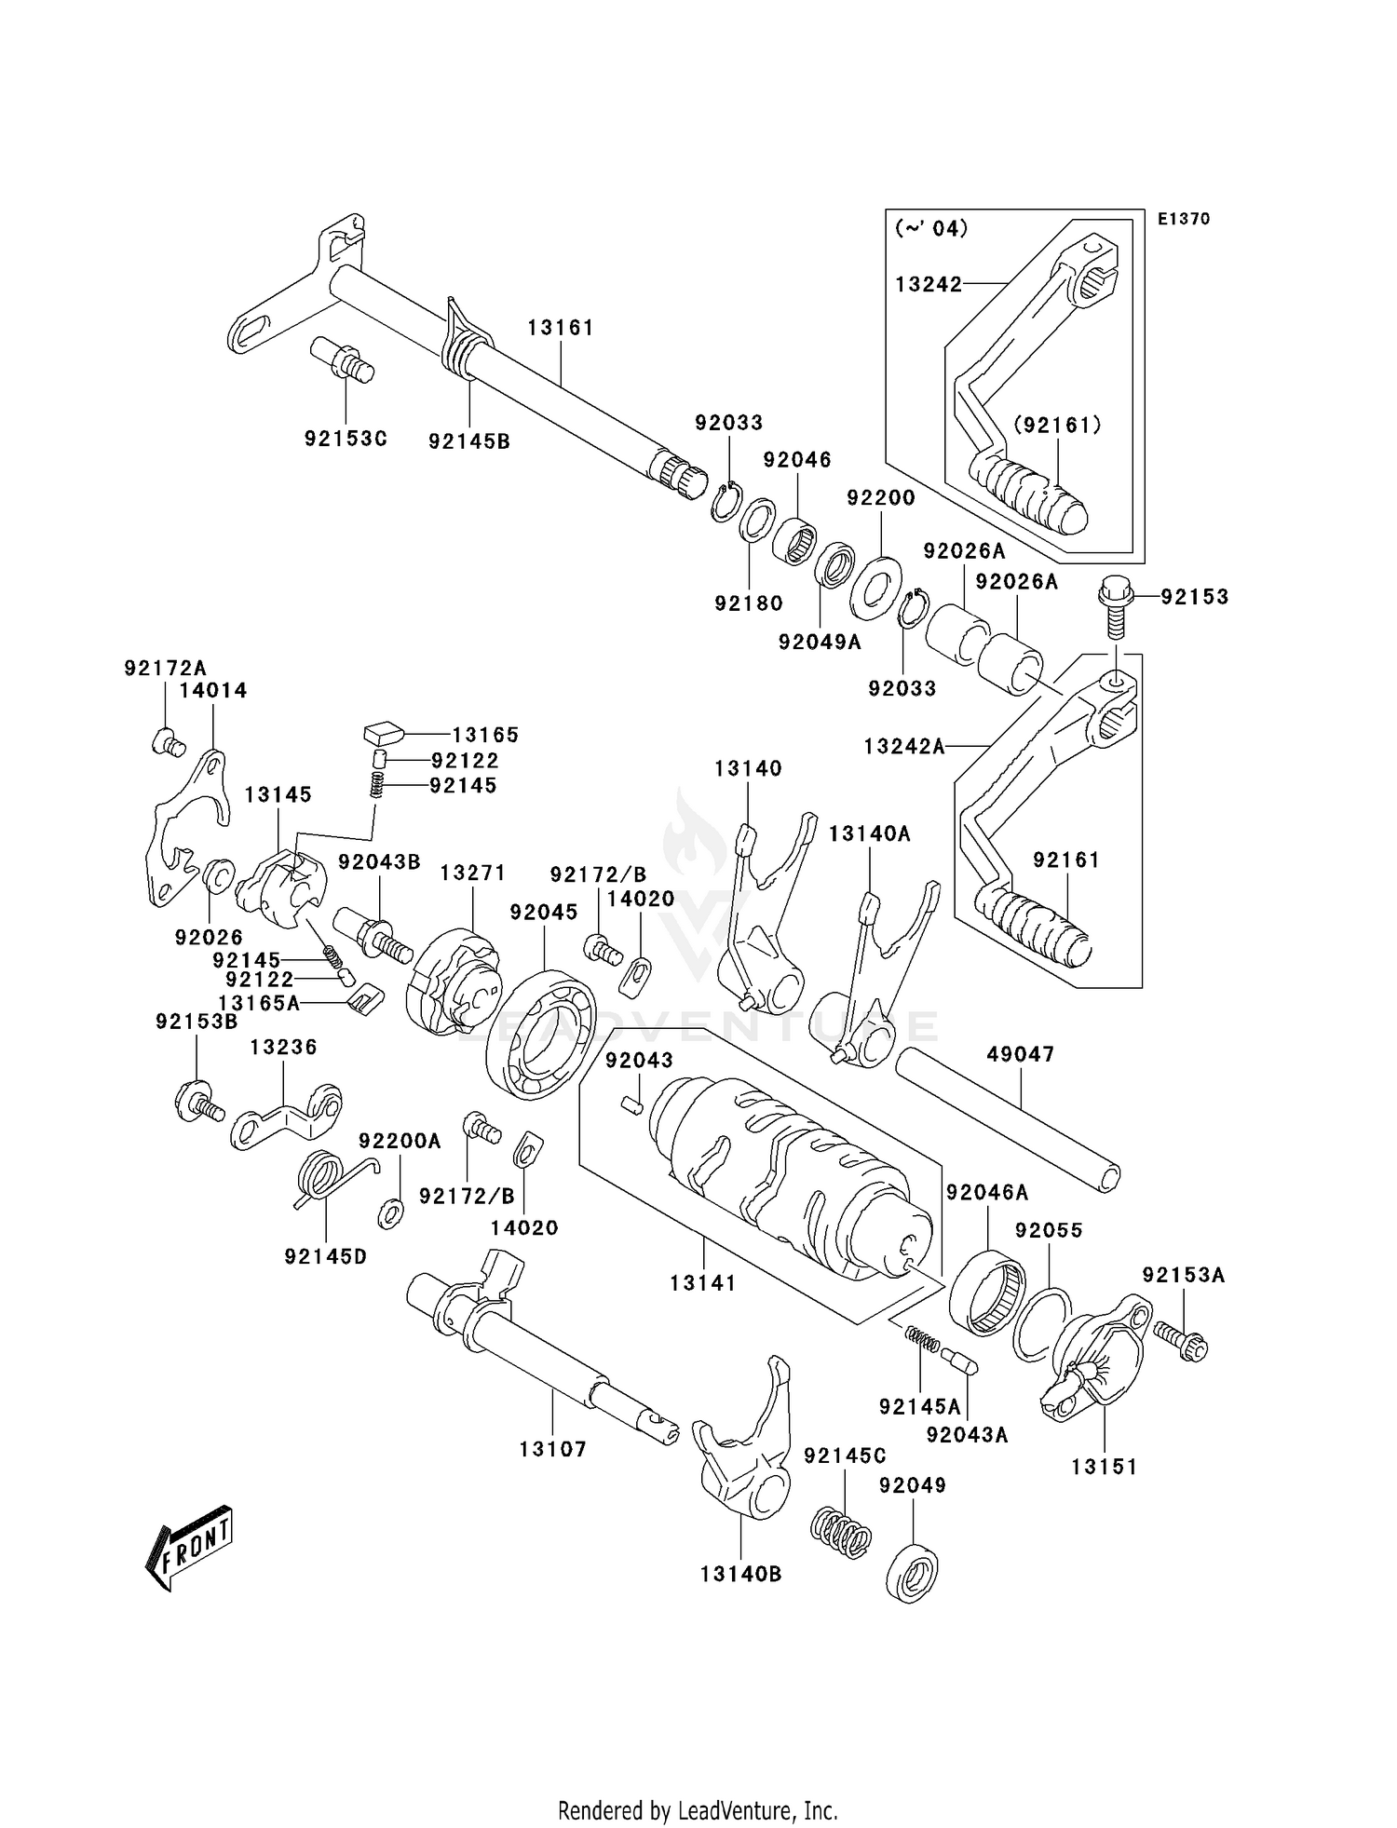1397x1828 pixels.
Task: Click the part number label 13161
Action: pyautogui.click(x=560, y=328)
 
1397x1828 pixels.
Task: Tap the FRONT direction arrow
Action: pyautogui.click(x=189, y=1549)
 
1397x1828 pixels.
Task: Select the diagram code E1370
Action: pyautogui.click(x=1184, y=219)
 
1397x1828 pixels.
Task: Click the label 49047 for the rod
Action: pyautogui.click(x=1021, y=1054)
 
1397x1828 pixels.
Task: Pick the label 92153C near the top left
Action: pyautogui.click(x=345, y=438)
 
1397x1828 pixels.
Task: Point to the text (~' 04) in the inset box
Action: pyautogui.click(x=930, y=228)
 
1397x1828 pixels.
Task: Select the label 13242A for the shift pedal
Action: pyautogui.click(x=903, y=745)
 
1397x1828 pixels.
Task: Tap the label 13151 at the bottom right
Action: pyautogui.click(x=1104, y=1467)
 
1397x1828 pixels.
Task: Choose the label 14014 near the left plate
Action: pyautogui.click(x=213, y=690)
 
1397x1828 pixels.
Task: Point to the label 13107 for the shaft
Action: pyautogui.click(x=552, y=1449)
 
